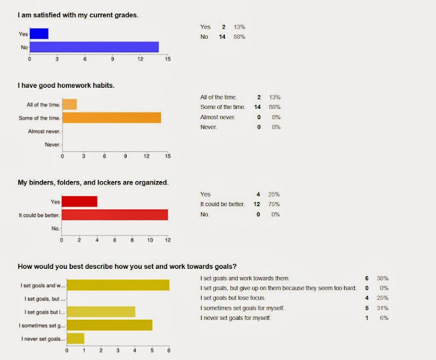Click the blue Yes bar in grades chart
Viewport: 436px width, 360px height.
click(x=39, y=33)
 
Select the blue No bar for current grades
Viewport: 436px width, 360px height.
click(x=94, y=47)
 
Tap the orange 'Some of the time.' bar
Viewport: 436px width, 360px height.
click(x=112, y=118)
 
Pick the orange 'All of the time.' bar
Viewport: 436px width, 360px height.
click(x=69, y=104)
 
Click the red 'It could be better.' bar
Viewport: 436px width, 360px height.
click(x=114, y=215)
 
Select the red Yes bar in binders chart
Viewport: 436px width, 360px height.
click(x=79, y=201)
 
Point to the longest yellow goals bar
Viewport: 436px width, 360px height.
click(x=118, y=285)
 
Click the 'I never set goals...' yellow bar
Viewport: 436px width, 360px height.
click(x=75, y=338)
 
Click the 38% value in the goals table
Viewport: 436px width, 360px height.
click(x=388, y=278)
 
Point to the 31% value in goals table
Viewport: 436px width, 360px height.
click(x=388, y=308)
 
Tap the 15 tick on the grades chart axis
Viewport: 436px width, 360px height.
click(x=168, y=59)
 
